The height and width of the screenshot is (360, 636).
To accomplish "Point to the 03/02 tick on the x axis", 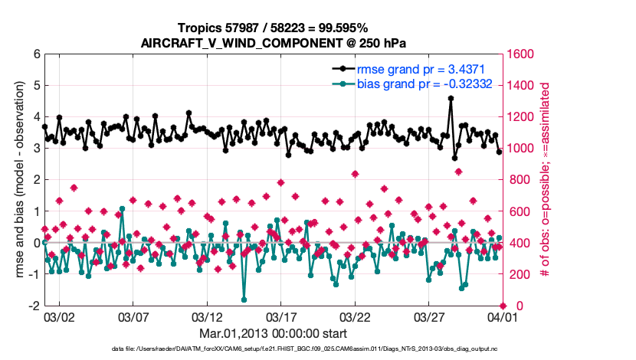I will (x=60, y=316).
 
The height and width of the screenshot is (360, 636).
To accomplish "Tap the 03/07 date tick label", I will (x=133, y=316).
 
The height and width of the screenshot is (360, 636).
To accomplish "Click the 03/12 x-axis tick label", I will (x=207, y=316).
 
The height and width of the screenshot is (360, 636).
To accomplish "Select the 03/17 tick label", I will (x=280, y=316).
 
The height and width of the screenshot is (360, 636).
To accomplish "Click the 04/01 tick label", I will (x=501, y=316).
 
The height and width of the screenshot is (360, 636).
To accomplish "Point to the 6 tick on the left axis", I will (x=37, y=54).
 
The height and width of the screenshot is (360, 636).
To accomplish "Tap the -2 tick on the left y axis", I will (x=34, y=306).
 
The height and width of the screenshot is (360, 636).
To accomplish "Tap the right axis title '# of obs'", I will (x=546, y=180).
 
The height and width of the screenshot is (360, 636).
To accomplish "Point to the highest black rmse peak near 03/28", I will (x=451, y=98).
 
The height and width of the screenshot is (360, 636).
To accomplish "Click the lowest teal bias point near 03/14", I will (x=244, y=299).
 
